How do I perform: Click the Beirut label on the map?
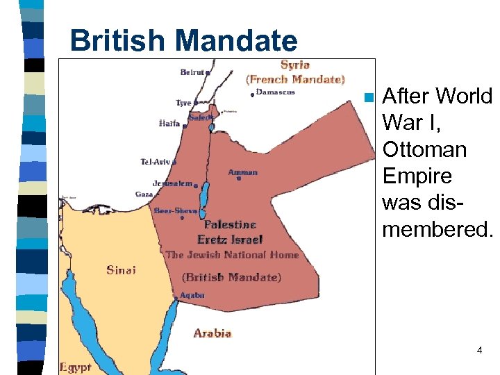pyautogui.click(x=192, y=72)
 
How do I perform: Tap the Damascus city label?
pyautogui.click(x=276, y=92)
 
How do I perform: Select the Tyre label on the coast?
pyautogui.click(x=183, y=103)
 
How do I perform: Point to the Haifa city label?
pyautogui.click(x=169, y=124)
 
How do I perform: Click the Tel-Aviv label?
pyautogui.click(x=156, y=162)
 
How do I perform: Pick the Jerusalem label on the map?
pyautogui.click(x=172, y=183)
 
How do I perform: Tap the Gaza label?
pyautogui.click(x=144, y=194)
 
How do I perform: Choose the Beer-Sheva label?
pyautogui.click(x=176, y=210)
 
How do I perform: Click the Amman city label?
pyautogui.click(x=242, y=172)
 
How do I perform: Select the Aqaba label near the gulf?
pyautogui.click(x=192, y=295)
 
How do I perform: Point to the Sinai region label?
pyautogui.click(x=122, y=269)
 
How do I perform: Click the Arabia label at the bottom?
pyautogui.click(x=212, y=333)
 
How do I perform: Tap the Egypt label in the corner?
pyautogui.click(x=75, y=367)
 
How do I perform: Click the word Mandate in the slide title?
pyautogui.click(x=238, y=40)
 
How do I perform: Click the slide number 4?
pyautogui.click(x=479, y=351)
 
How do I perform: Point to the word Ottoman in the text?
pyautogui.click(x=424, y=149)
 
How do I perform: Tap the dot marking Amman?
pyautogui.click(x=238, y=178)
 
